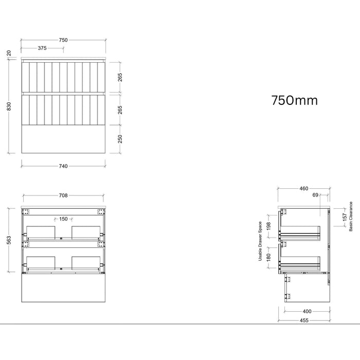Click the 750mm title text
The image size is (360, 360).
tap(295, 101)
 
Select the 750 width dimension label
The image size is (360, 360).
tap(63, 40)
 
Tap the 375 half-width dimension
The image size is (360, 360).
tap(42, 48)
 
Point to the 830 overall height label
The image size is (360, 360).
tap(9, 106)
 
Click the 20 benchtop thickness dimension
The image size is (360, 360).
tap(9, 53)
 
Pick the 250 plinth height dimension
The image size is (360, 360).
tap(120, 139)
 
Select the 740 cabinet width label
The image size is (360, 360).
tap(63, 166)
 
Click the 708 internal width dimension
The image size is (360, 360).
tap(63, 195)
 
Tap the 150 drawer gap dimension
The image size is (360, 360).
tap(63, 219)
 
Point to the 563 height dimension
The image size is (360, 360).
tap(9, 240)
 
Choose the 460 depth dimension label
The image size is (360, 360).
tap(304, 189)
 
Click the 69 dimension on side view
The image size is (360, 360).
tap(315, 195)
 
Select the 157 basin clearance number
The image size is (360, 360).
tap(345, 218)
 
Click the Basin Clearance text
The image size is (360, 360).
tap(351, 217)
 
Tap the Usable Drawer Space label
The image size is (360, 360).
tap(260, 241)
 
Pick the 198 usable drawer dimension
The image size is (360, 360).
tap(268, 226)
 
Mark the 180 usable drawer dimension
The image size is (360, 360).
tap(268, 258)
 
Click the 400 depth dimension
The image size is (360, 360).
tap(307, 312)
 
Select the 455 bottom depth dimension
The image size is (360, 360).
tap(304, 320)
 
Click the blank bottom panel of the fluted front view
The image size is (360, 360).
tap(63, 139)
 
